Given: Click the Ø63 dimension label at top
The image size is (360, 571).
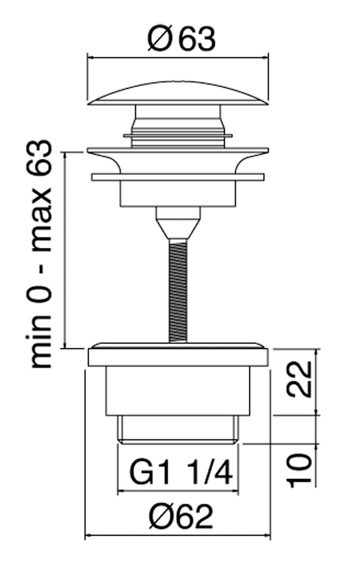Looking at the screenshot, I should coord(180,41).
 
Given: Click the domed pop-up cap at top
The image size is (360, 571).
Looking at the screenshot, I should coord(178,93).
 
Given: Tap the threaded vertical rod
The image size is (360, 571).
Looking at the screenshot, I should coord(178,291).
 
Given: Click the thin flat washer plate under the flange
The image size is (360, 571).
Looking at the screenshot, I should coord(178,178).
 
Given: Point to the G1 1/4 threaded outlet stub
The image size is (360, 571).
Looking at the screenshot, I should coord(178,429).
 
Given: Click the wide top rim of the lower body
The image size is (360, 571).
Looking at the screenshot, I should coord(178,355).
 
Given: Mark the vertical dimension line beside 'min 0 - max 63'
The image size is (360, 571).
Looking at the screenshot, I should coord(65,250).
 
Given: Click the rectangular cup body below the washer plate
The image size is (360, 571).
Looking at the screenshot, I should coord(178,193).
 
